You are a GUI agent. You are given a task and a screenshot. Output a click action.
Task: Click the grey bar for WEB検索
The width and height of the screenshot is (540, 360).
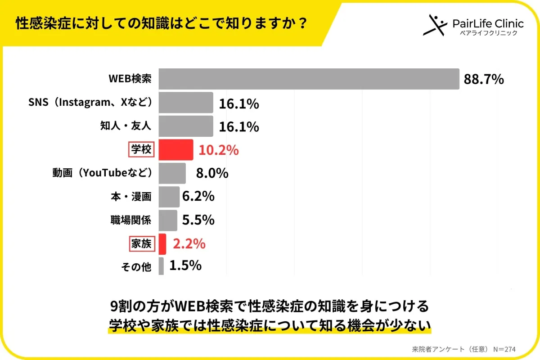coord(309,79)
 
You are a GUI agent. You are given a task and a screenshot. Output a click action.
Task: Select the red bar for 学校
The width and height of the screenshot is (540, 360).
coord(176,150)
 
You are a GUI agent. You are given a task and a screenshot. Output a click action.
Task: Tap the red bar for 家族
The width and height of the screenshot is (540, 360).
coord(162,244)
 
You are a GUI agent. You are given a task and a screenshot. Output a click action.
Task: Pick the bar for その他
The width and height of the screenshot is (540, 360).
coord(161,266)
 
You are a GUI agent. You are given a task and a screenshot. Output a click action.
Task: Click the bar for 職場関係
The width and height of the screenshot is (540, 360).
coord(168,220)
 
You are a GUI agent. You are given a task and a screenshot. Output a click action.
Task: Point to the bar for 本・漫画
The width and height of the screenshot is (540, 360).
coord(169,197)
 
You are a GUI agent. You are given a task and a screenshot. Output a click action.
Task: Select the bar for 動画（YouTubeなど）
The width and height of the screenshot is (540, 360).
coord(172,173)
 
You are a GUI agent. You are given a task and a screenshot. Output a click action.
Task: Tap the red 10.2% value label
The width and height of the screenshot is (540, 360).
coord(219,150)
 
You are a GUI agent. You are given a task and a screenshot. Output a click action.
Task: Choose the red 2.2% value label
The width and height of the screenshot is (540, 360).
coord(189,244)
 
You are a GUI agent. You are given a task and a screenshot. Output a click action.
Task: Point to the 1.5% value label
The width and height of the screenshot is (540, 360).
coord(185,266)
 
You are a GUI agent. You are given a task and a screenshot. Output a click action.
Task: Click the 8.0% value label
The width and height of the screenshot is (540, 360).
coord(212,173)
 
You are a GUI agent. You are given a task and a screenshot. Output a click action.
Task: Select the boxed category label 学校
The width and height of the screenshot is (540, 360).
coord(141,150)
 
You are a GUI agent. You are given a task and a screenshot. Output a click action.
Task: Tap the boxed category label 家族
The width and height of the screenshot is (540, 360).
coord(141,244)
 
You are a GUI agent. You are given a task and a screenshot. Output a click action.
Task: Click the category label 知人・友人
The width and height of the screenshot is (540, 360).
coord(125,126)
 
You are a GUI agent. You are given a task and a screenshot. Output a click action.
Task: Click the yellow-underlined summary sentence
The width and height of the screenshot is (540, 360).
coord(270,325)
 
